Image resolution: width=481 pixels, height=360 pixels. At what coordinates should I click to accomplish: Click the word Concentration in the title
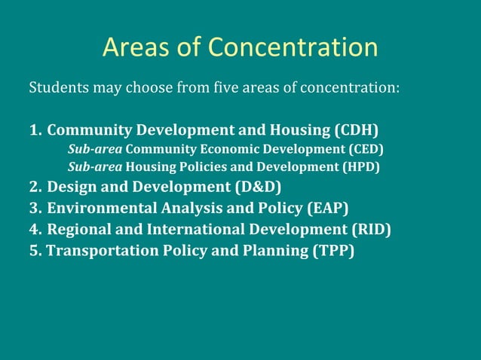(293, 47)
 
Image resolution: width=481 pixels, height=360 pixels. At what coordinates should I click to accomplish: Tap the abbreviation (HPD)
(361, 166)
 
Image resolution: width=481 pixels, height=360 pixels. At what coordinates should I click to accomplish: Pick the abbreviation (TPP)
(332, 250)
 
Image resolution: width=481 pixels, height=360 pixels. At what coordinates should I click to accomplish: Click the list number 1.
(34, 129)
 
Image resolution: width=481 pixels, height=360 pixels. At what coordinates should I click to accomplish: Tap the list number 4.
(34, 229)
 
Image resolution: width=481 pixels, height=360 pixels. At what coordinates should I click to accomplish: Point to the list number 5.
(34, 250)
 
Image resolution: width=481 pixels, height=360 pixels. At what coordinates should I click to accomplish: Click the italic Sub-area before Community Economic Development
(95, 148)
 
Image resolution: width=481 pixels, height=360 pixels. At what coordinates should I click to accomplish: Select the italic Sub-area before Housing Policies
(95, 166)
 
